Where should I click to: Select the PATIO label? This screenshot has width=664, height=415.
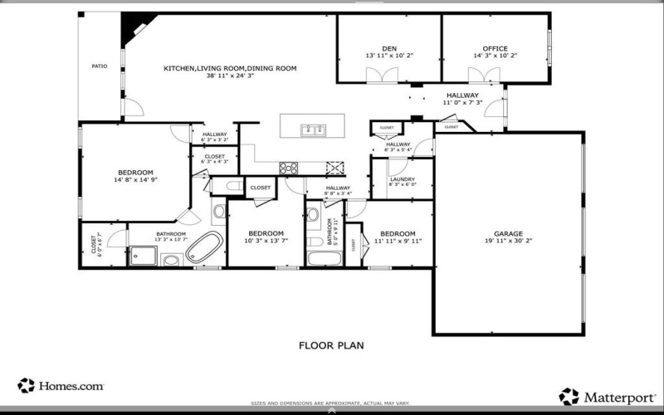(100, 65)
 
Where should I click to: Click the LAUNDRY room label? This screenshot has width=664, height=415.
(402, 179)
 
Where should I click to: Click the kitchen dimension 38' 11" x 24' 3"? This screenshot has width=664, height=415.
(230, 76)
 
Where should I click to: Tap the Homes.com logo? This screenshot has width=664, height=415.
(61, 385)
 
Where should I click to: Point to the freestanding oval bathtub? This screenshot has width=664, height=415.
(206, 248)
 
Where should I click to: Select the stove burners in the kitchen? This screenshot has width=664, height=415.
(289, 168)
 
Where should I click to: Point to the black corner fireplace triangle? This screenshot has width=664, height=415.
(131, 32)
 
